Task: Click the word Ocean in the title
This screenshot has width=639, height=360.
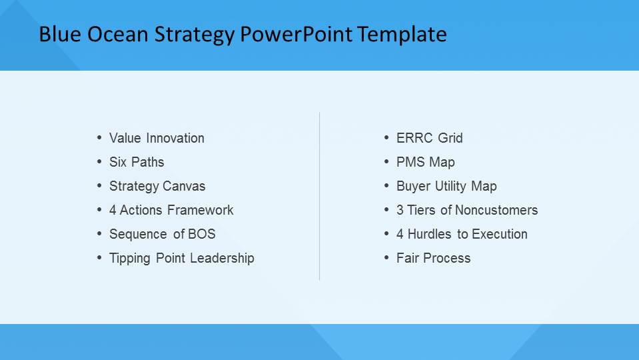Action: click(117, 34)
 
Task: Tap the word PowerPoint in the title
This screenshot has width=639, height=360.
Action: click(296, 34)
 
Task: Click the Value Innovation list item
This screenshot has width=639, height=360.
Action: click(157, 138)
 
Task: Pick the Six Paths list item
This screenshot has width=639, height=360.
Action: click(137, 162)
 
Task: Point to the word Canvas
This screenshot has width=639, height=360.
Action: click(184, 186)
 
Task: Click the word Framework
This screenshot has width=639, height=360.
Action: click(201, 211)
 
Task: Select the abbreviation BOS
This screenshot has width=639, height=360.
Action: click(202, 235)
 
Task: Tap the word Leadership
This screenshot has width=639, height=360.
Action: click(222, 258)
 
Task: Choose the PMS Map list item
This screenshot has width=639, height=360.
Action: click(426, 162)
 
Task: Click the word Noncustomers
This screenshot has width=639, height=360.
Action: click(496, 211)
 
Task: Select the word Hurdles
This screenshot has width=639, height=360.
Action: click(429, 235)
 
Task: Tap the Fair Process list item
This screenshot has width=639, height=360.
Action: click(433, 259)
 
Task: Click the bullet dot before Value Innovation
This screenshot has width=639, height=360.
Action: click(99, 138)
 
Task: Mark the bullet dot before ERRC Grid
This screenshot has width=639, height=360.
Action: click(386, 138)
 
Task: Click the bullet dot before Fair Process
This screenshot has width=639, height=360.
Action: click(386, 258)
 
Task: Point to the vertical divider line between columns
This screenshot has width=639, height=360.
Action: click(320, 196)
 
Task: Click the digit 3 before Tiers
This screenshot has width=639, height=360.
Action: click(400, 211)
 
